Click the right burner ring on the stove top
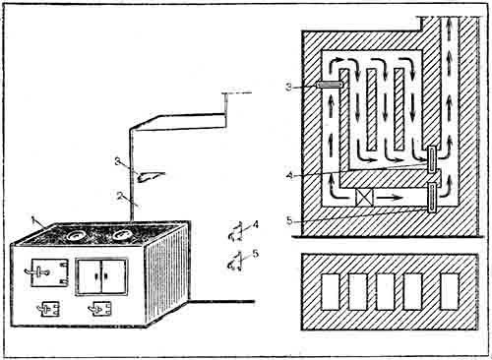pos(123,235)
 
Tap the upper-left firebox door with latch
pos(49,272)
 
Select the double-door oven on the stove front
pos(101,276)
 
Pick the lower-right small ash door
pos(100,309)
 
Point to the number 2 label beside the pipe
pos(120,196)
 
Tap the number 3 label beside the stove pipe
pos(118,161)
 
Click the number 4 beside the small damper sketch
pos(255,224)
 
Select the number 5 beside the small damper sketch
pos(255,253)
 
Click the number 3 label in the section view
pos(288,88)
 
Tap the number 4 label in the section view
pos(289,176)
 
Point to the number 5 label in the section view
pos(289,220)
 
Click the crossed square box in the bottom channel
pos(365,198)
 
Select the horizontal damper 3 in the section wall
pos(330,85)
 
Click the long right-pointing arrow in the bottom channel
pos(389,198)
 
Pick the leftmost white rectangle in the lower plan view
pos(330,292)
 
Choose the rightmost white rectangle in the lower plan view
pos(450,291)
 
